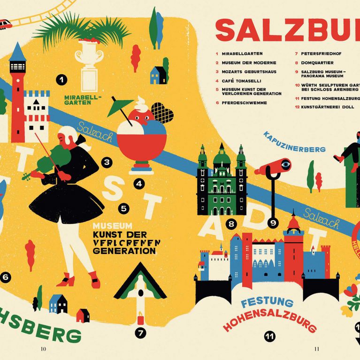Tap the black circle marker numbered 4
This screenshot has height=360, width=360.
point(139,184)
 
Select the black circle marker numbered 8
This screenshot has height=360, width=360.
point(231,224)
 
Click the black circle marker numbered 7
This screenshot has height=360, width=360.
point(140,333)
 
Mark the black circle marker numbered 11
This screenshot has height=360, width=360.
point(269,336)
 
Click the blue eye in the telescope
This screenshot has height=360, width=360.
point(285,164)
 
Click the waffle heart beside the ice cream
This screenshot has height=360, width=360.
point(162,113)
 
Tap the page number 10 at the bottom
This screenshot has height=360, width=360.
point(43,349)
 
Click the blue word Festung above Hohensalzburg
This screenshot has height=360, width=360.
point(267,303)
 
